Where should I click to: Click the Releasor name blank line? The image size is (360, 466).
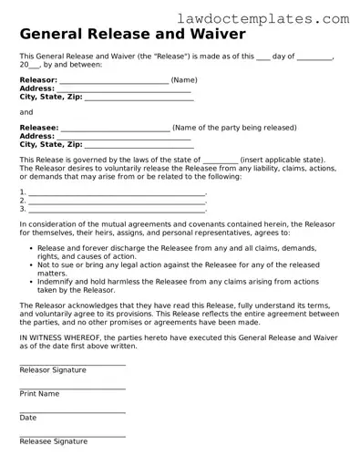[x=114, y=80]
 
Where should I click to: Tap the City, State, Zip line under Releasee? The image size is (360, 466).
[x=138, y=144]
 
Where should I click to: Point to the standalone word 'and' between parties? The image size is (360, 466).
[x=26, y=112]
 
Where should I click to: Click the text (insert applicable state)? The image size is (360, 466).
[x=285, y=160]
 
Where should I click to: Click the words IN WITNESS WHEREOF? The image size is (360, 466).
[x=57, y=337]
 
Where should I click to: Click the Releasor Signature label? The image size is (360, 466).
[x=53, y=370]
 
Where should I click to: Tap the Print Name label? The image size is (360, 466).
[x=39, y=394]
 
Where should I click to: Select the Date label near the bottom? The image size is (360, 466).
[x=28, y=418]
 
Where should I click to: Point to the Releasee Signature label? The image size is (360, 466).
[x=54, y=441]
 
